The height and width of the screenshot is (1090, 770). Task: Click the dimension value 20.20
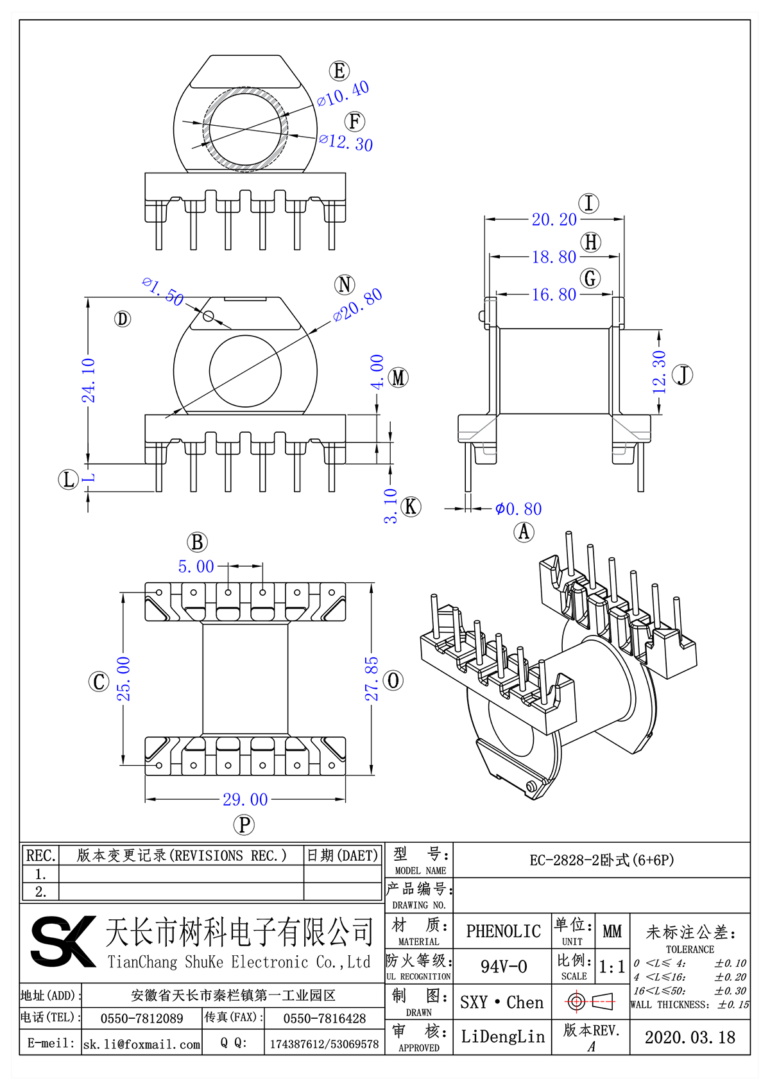coord(554,220)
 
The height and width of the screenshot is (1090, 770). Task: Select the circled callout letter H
coord(590,243)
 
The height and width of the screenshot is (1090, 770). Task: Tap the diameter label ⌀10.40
coord(343,94)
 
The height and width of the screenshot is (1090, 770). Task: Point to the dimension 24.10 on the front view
coord(89,380)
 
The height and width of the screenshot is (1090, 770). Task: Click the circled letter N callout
coord(345,284)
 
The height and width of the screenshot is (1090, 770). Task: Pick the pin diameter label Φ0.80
coord(518,509)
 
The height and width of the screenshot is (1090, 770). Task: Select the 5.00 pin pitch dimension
coord(196,567)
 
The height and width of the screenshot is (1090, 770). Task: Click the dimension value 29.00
coord(245,799)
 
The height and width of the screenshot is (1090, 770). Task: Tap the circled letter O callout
coord(393,680)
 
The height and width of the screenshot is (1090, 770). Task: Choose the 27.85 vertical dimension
coord(372,679)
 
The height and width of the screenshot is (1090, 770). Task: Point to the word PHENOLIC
coord(503,931)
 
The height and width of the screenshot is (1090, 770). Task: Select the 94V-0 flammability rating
coord(504,967)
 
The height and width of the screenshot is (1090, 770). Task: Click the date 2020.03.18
coord(690,1037)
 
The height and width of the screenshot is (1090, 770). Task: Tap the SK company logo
coord(63,941)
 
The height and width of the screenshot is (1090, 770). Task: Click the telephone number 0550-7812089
coord(142,1019)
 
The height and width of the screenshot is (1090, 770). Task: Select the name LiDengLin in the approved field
coord(502,1037)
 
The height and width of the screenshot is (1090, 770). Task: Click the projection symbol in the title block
coord(590,1001)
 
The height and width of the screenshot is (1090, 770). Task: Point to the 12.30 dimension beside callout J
coord(659,372)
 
